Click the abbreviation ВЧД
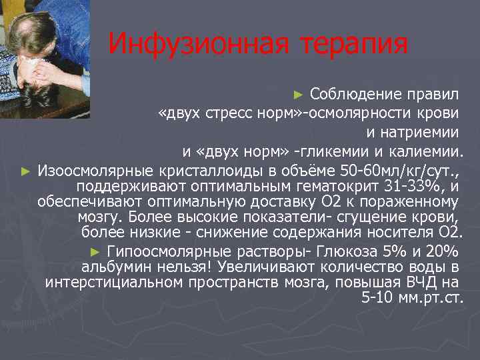click(419, 282)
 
